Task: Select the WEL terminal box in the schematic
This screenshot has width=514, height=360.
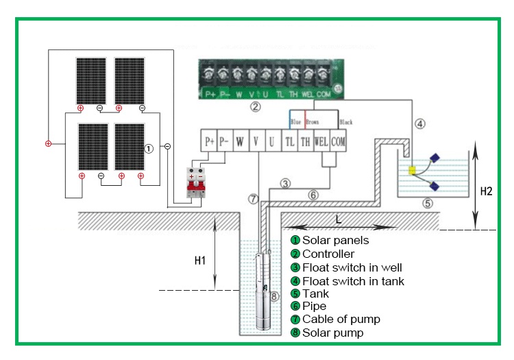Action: [x=321, y=142]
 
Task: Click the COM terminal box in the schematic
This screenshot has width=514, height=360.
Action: [x=338, y=142]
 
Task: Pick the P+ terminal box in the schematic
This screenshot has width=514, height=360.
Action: [x=210, y=142]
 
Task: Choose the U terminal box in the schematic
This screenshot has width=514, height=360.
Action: [x=272, y=142]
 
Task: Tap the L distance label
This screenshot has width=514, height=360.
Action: [x=338, y=219]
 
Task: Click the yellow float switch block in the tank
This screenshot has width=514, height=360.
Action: [x=413, y=170]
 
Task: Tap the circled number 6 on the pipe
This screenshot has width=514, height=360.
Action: [x=313, y=195]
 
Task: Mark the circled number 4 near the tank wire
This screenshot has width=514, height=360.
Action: [x=421, y=124]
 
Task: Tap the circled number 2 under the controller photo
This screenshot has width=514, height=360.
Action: [x=255, y=106]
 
